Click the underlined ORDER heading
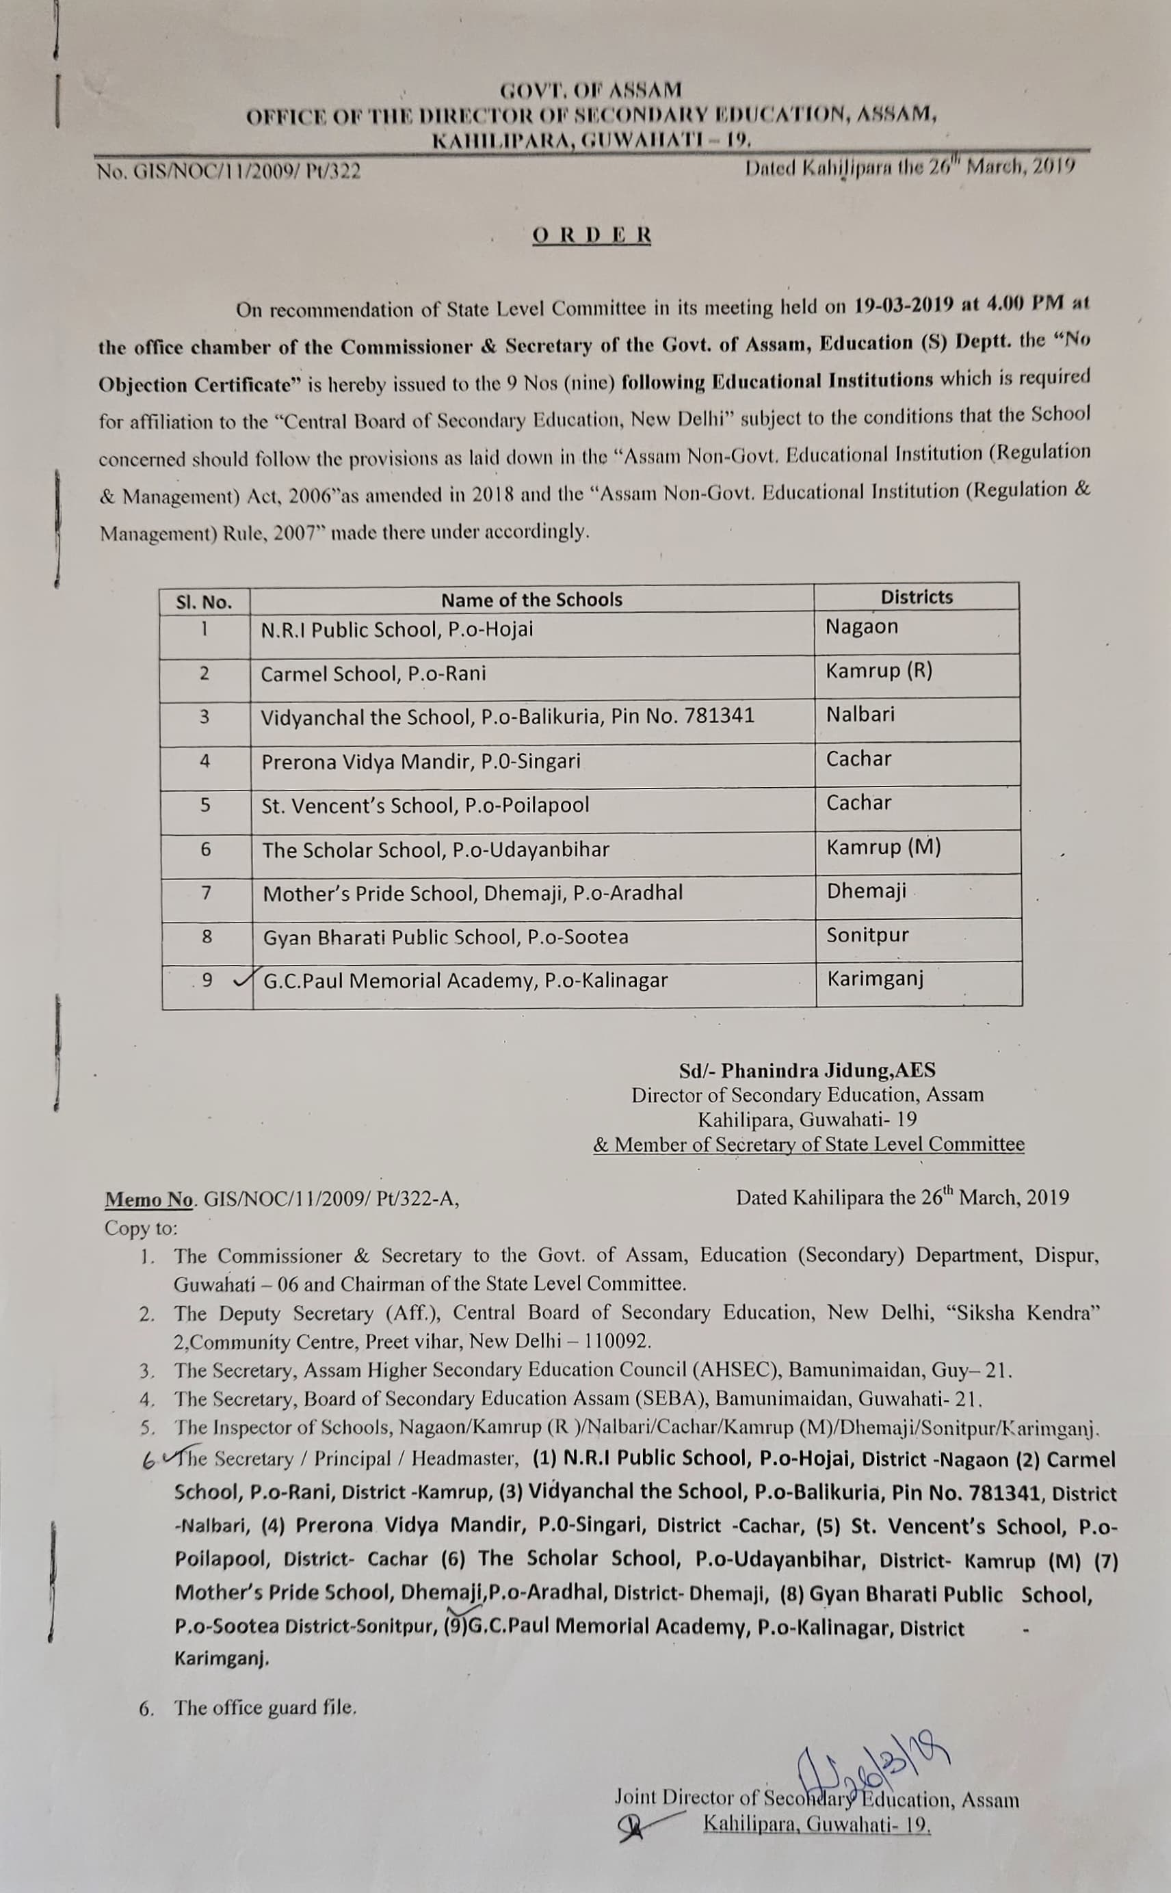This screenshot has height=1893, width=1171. coord(592,235)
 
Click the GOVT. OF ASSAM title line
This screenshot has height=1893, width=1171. coord(591,90)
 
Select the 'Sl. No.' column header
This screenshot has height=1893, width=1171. coord(204,603)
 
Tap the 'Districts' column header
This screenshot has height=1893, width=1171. coord(916,597)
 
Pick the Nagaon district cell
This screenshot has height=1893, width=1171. coord(861,626)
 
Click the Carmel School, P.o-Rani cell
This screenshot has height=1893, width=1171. coord(373,674)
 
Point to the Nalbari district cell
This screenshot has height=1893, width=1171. coord(860,714)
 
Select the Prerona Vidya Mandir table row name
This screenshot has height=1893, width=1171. coord(421,762)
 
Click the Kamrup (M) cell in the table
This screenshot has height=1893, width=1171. coord(883,847)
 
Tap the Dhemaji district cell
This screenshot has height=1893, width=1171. coord(866,891)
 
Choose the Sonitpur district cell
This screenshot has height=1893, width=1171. coord(867,936)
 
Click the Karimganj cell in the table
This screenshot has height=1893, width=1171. coord(875,979)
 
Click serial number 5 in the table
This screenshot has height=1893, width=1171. coord(205,805)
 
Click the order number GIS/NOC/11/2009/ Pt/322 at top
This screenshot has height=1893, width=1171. coord(228,171)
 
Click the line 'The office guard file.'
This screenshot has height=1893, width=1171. coord(265,1707)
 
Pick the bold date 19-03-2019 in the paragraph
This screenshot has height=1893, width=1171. coord(903,304)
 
